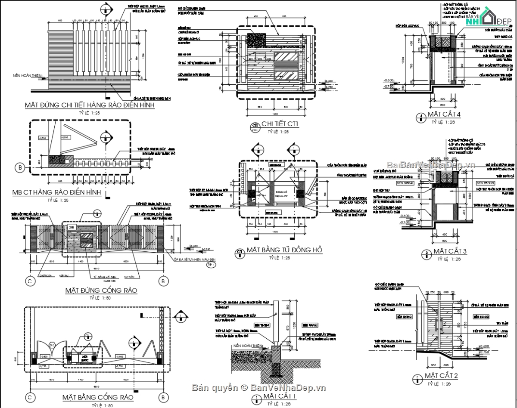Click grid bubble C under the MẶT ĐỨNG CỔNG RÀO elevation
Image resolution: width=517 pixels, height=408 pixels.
pyautogui.click(x=30, y=281)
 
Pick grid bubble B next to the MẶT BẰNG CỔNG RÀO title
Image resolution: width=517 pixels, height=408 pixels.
pyautogui.click(x=163, y=396)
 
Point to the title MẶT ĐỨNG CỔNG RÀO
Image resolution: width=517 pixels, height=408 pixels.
pyautogui.click(x=101, y=290)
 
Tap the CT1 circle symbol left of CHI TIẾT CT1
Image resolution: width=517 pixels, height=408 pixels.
pyautogui.click(x=254, y=127)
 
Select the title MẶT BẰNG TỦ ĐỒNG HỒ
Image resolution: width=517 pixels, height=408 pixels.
pyautogui.click(x=284, y=250)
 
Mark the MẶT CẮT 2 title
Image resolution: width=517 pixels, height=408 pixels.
pyautogui.click(x=441, y=376)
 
